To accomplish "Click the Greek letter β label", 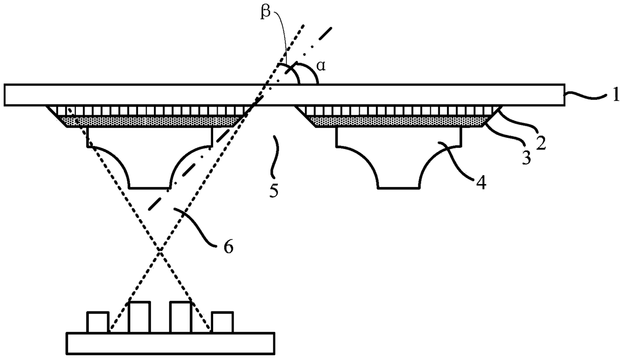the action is [265, 12].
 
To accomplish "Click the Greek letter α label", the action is [321, 66].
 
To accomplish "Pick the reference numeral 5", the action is [274, 190].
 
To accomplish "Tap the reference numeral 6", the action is [228, 247].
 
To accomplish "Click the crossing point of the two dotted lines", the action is [160, 250].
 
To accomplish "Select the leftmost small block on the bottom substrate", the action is [98, 322].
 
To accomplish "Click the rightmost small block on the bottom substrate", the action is [222, 322].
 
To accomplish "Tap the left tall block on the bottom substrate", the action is [139, 317].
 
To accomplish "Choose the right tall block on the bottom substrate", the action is [181, 317].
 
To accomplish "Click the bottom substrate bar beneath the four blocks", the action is [171, 343].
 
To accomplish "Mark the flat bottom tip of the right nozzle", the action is [398, 189].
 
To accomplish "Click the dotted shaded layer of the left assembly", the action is [149, 121].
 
